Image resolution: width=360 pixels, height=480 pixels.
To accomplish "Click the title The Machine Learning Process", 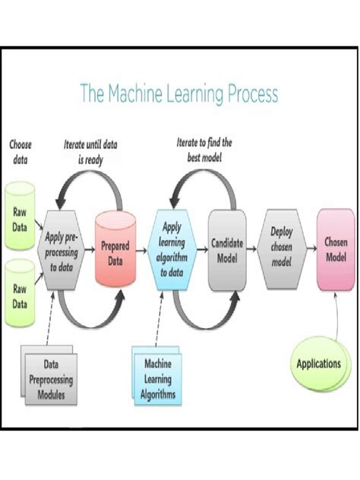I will (179, 93).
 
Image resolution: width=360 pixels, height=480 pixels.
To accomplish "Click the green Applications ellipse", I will (317, 364).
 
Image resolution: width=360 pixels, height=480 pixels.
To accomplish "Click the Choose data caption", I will (21, 152).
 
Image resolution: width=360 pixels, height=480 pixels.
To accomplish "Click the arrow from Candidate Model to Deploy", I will (251, 246).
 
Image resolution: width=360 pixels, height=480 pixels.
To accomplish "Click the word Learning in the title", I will (202, 93).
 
